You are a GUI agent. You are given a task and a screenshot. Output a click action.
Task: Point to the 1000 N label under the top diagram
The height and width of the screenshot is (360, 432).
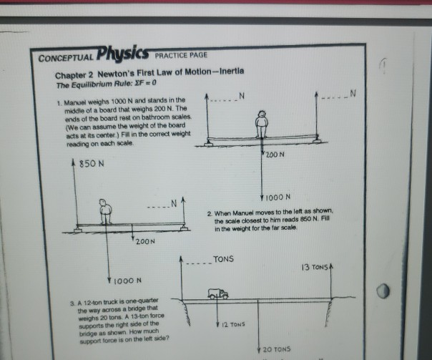tap(275, 197)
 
